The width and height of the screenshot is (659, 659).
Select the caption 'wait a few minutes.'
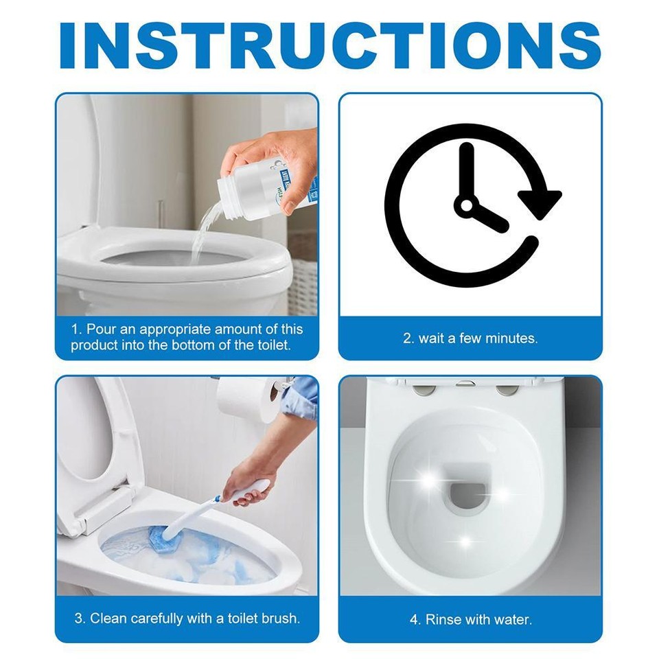470,338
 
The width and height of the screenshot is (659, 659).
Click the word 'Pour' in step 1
100,329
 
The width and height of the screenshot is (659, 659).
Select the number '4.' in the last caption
415,619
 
